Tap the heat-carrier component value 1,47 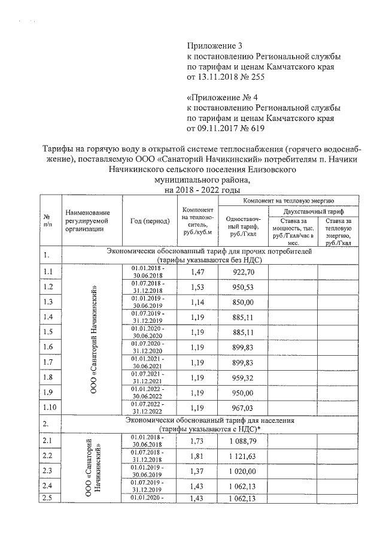(x=197, y=272)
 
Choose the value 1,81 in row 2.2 (x=197, y=456)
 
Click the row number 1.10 (x=50, y=408)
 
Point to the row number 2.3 (x=49, y=471)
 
